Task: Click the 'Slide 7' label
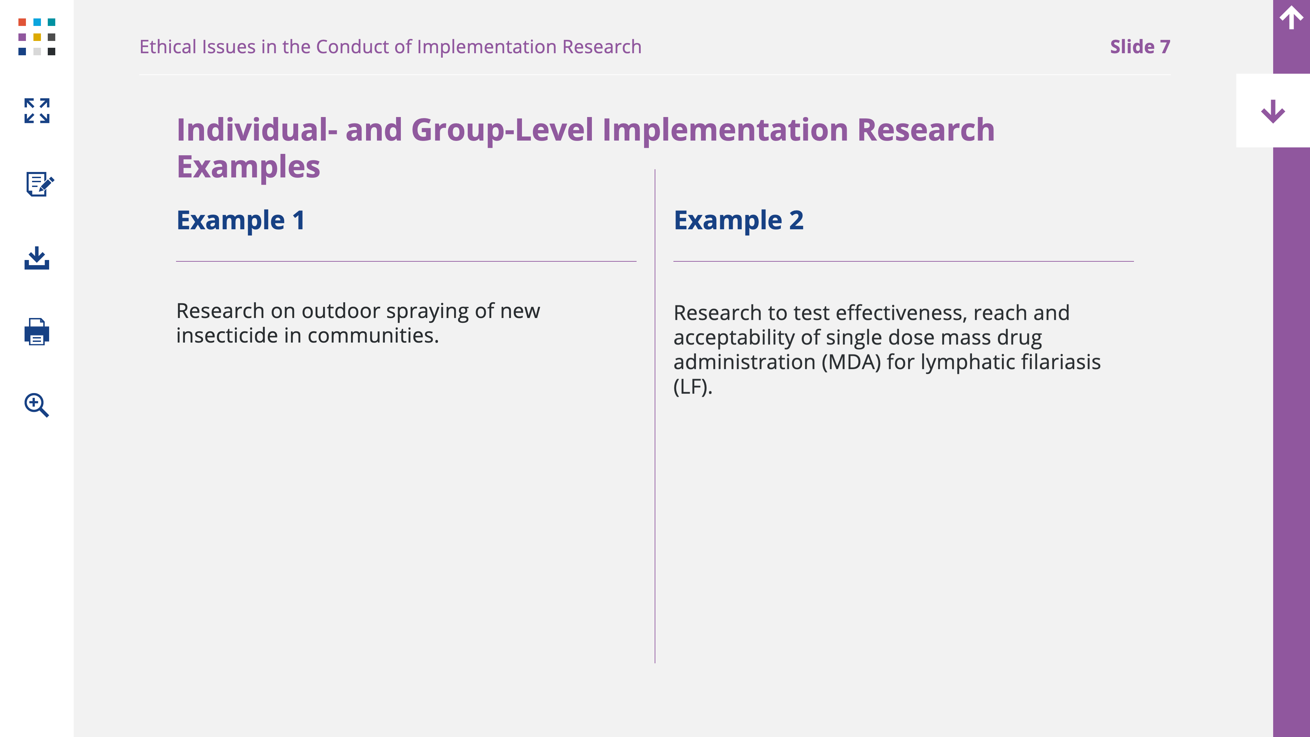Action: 1140,47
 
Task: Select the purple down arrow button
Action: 1273,111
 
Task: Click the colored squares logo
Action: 37,37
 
